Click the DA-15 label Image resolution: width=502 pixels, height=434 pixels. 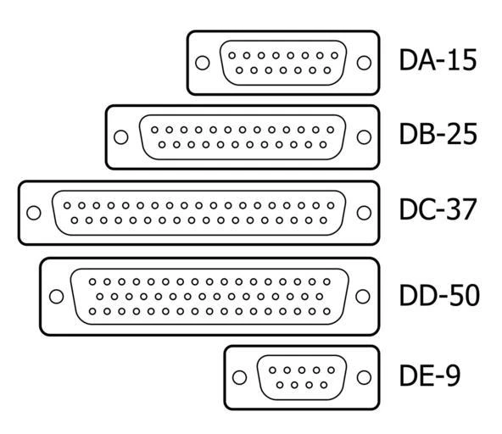(x=438, y=60)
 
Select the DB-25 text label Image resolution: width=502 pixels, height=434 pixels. (x=438, y=135)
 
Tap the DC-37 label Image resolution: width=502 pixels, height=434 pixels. (x=438, y=211)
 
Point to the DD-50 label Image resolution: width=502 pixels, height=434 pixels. (x=439, y=295)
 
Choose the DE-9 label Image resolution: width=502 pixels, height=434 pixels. (x=429, y=376)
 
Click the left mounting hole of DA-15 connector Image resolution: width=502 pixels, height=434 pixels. (x=202, y=63)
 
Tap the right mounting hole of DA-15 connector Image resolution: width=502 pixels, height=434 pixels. (x=364, y=63)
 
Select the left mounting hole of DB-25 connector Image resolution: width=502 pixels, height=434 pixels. (x=121, y=137)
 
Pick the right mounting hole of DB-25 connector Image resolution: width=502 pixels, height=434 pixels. (x=364, y=137)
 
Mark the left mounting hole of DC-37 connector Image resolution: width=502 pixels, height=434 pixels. (x=34, y=213)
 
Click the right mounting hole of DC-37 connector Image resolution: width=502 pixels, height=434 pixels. (x=364, y=213)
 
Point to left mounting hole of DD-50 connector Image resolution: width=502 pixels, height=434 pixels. (x=56, y=296)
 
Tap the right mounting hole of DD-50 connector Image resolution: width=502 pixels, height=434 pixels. (x=364, y=296)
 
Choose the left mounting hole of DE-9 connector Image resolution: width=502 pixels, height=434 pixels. (x=240, y=377)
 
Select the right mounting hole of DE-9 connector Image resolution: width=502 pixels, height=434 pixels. (x=364, y=377)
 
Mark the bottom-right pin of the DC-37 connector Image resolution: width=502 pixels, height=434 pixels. (x=321, y=220)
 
